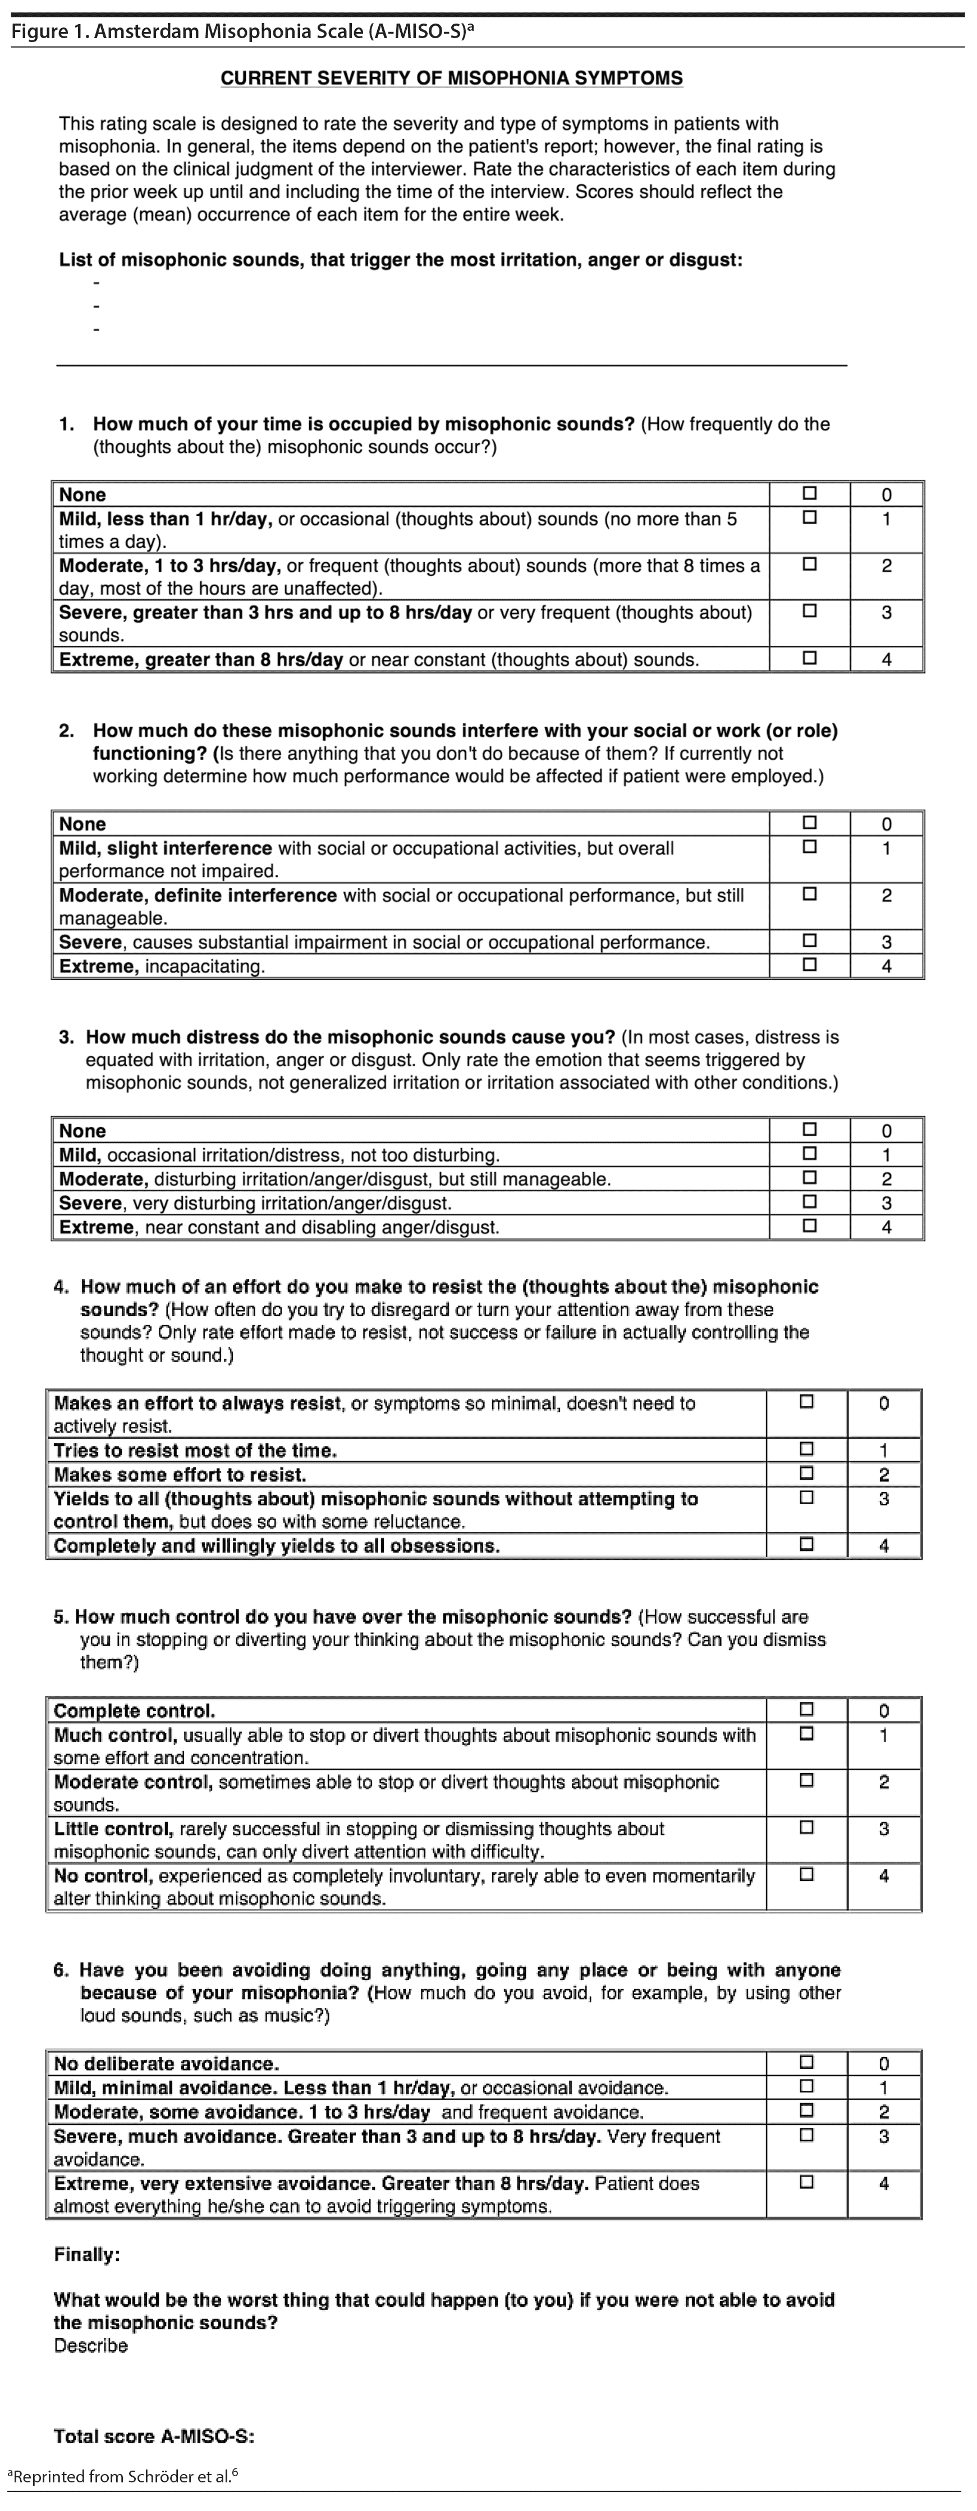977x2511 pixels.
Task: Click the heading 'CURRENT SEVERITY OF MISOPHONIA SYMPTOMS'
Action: [451, 78]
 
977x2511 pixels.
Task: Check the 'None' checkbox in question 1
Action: [809, 493]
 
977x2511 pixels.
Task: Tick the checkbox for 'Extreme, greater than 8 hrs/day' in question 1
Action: [809, 658]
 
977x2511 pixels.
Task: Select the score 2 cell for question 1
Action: [886, 566]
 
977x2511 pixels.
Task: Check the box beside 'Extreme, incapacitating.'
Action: [809, 965]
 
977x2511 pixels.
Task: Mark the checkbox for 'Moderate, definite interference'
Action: [809, 894]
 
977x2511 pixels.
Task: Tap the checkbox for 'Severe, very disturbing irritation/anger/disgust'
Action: [809, 1202]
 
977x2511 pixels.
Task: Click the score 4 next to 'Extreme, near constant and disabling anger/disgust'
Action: [886, 1227]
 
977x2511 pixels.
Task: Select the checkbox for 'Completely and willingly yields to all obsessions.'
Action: [806, 1544]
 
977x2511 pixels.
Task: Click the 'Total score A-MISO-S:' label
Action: [154, 2436]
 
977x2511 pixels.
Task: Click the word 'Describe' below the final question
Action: [91, 2345]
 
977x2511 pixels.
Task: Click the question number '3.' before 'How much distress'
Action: [66, 1037]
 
